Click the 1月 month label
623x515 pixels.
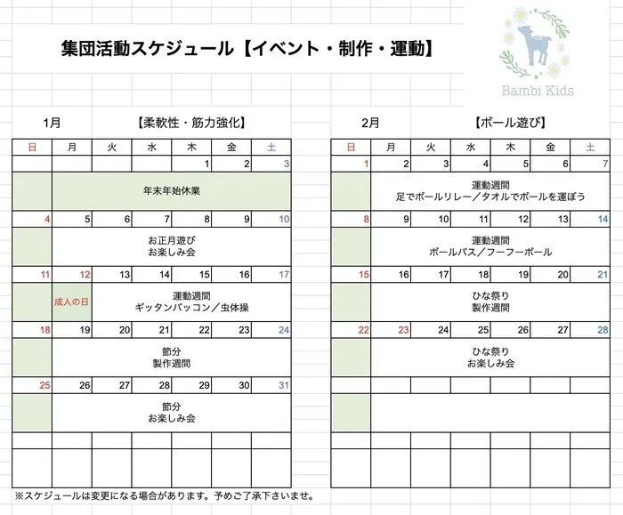pyautogui.click(x=52, y=123)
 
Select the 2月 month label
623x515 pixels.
pyautogui.click(x=370, y=123)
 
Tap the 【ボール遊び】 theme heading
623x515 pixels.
pyautogui.click(x=510, y=123)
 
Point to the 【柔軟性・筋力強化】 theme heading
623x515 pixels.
pyautogui.click(x=191, y=123)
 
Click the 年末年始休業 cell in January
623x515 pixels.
pyautogui.click(x=171, y=191)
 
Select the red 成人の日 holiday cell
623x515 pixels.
pyautogui.click(x=71, y=302)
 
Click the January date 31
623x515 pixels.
pyautogui.click(x=284, y=385)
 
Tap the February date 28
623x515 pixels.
pyautogui.click(x=603, y=330)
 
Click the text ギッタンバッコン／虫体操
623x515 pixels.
pyautogui.click(x=190, y=308)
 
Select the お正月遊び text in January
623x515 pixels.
pyautogui.click(x=171, y=240)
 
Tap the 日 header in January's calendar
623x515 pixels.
pyautogui.click(x=32, y=147)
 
